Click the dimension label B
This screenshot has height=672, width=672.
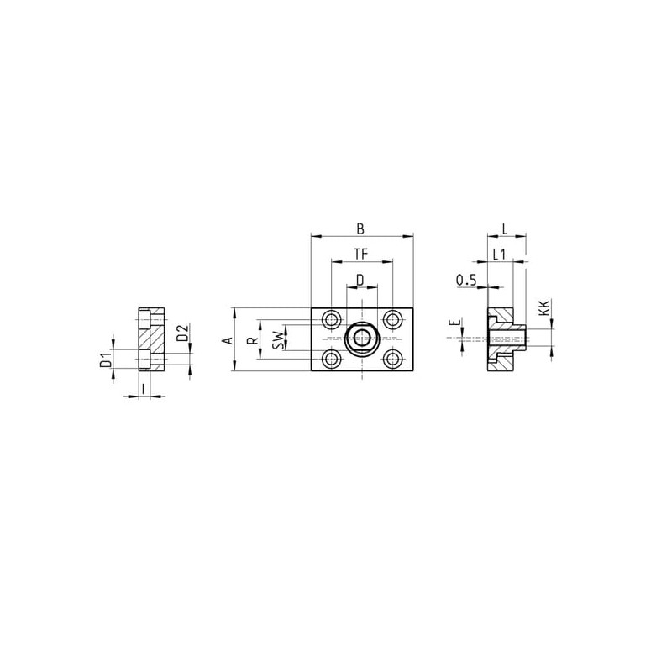[360, 228]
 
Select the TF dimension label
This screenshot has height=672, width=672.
[361, 255]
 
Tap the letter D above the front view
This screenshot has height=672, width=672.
[360, 281]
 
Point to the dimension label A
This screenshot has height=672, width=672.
[228, 340]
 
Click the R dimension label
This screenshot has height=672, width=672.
[254, 341]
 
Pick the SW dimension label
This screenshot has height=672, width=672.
[279, 339]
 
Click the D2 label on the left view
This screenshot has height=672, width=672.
[183, 333]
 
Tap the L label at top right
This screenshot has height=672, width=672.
[505, 228]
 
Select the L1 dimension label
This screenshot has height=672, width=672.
[499, 255]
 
